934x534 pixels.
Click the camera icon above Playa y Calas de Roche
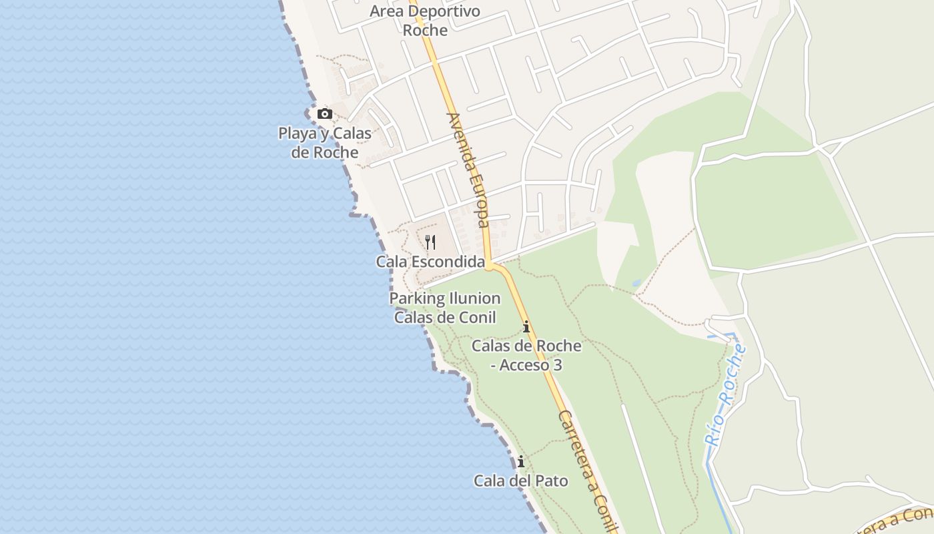click(x=325, y=113)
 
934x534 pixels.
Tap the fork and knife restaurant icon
click(x=430, y=242)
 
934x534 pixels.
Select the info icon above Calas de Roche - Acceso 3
click(x=526, y=327)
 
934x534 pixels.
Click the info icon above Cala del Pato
click(x=521, y=462)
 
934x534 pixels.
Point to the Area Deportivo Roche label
click(x=425, y=21)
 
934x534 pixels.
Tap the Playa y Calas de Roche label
click(x=325, y=142)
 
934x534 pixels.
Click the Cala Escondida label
click(x=430, y=262)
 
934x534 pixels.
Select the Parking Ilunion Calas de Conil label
click(x=445, y=308)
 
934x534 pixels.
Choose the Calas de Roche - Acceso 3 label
click(x=526, y=355)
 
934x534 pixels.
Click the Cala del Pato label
click(x=521, y=481)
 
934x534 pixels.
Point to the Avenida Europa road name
click(x=469, y=170)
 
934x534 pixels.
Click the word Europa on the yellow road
click(x=478, y=200)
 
